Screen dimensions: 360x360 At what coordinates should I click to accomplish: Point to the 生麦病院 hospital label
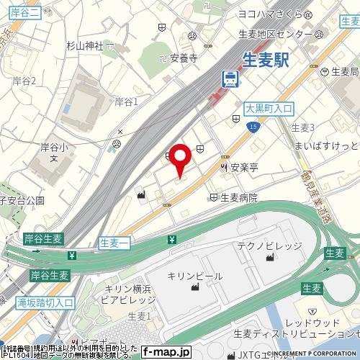[238, 197]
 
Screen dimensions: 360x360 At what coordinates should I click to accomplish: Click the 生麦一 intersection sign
[114, 243]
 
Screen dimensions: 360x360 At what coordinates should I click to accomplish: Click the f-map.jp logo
[166, 352]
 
